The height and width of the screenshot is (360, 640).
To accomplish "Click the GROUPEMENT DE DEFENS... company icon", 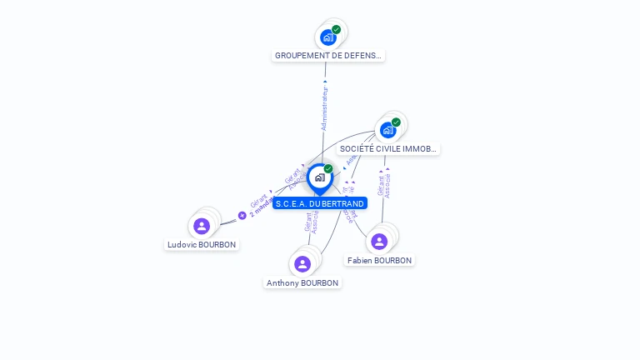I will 328,37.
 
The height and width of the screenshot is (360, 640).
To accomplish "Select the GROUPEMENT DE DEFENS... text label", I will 328,56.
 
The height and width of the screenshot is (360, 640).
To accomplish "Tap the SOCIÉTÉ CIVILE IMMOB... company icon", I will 388,130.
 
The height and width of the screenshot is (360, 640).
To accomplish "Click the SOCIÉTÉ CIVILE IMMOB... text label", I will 388,149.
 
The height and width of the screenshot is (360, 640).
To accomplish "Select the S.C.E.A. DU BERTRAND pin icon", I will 319,177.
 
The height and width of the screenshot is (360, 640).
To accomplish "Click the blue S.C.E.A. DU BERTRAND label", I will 319,203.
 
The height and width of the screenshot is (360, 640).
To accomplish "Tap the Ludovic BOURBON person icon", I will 202,226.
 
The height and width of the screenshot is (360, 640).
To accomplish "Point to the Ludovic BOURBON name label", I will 202,245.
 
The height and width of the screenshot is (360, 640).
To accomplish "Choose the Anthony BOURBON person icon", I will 302,264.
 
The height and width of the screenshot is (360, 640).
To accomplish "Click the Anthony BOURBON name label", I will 302,283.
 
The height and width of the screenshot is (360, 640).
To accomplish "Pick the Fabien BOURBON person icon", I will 379,242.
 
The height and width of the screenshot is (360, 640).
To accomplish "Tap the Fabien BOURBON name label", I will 379,261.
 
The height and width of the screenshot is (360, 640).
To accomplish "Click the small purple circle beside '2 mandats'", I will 242,215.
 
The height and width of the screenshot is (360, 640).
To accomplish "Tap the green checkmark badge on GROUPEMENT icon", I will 336,30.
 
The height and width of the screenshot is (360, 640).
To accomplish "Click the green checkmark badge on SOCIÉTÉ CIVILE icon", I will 396,122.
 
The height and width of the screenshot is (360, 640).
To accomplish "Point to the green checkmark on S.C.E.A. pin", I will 328,169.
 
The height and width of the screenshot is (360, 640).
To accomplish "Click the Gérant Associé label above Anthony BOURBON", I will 312,221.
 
